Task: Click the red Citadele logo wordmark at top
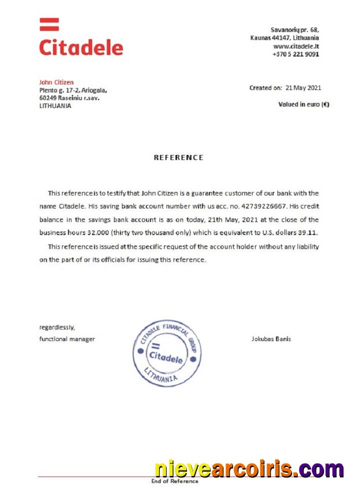81,47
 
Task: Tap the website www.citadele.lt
296,46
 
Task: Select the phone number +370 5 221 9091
295,54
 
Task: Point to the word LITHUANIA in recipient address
55,106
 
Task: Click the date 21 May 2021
303,88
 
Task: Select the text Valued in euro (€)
303,104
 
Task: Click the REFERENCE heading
178,157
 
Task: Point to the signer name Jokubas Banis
271,339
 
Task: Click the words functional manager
67,339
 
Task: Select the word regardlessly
57,327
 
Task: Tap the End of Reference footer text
175,481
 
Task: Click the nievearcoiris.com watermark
249,469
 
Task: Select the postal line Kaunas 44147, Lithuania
284,38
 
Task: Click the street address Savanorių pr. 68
294,30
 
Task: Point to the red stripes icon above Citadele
49,24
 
